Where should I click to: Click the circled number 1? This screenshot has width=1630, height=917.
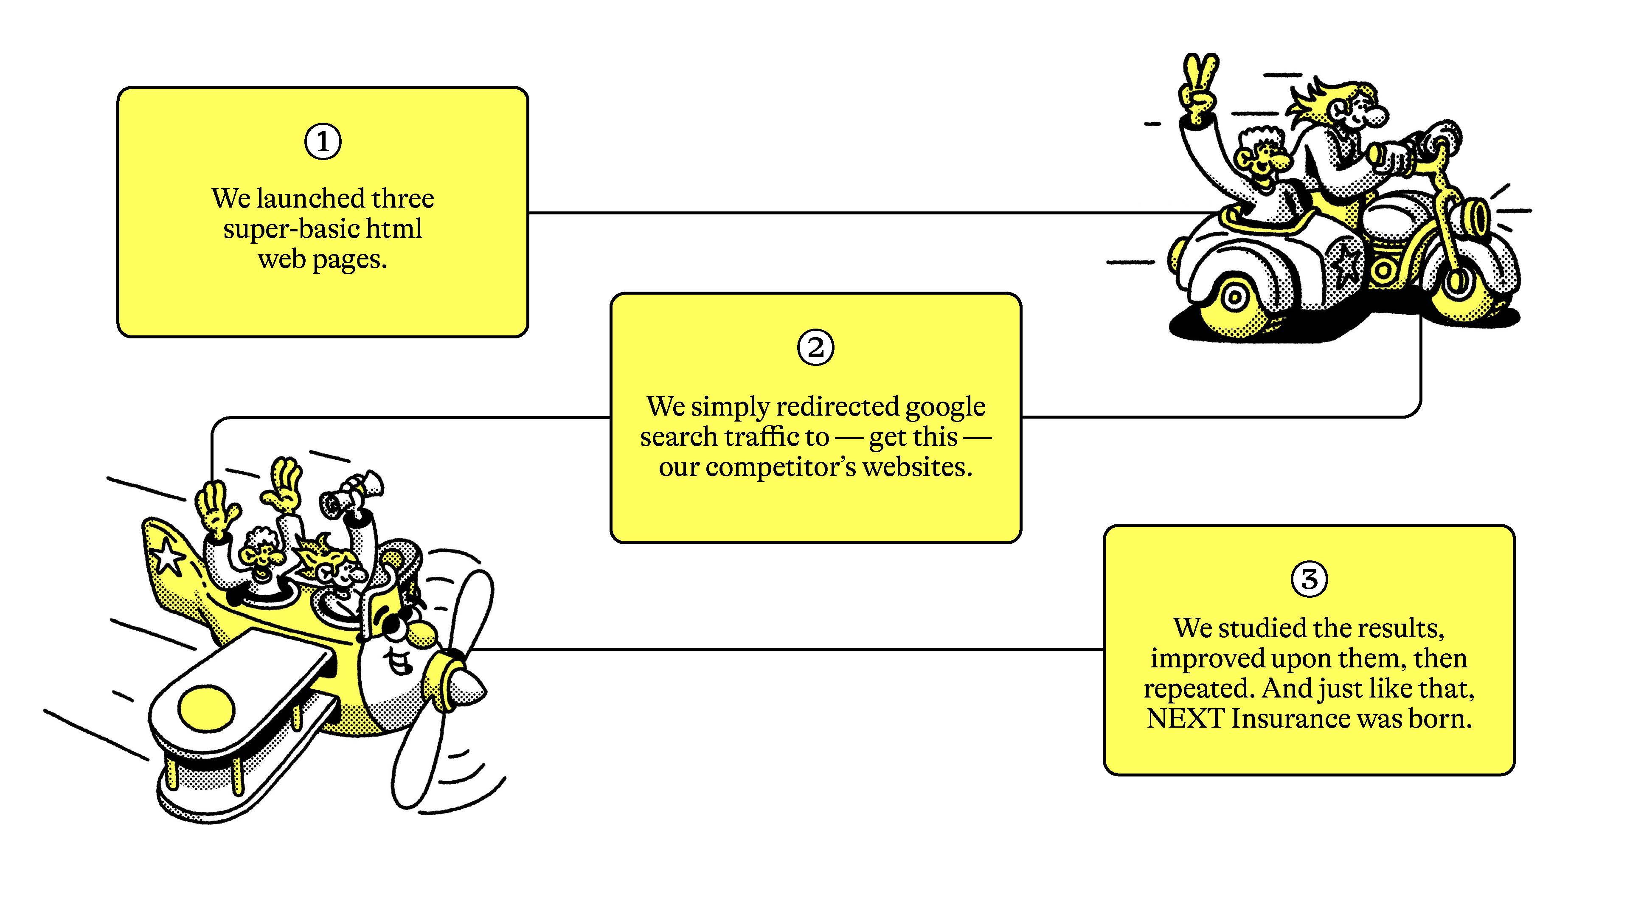coord(323,142)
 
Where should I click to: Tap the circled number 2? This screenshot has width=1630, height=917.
coord(815,347)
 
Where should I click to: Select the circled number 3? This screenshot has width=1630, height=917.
coord(1309,579)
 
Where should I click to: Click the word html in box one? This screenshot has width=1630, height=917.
coord(393,228)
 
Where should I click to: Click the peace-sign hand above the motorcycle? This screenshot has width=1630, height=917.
coord(1198,89)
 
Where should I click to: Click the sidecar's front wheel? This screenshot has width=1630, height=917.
coord(1234,298)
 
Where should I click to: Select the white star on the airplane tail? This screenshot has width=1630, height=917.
coord(168,557)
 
